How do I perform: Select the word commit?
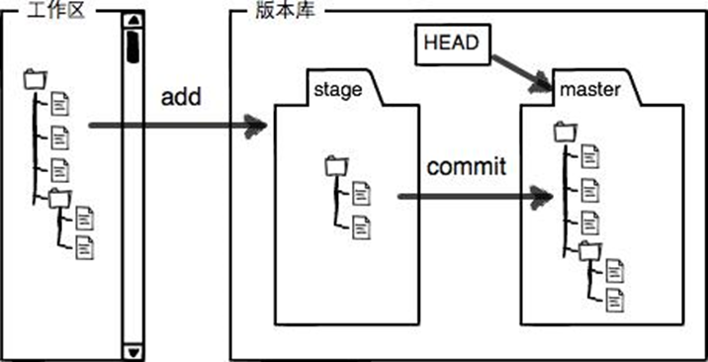tap(466, 165)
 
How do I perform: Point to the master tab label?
tap(589, 90)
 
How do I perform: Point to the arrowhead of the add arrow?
tap(259, 126)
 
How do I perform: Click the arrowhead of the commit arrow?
tap(541, 196)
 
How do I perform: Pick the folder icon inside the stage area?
tap(332, 167)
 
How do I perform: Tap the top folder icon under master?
tap(565, 130)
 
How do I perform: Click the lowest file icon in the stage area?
tap(362, 226)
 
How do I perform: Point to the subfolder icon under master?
tap(589, 249)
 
